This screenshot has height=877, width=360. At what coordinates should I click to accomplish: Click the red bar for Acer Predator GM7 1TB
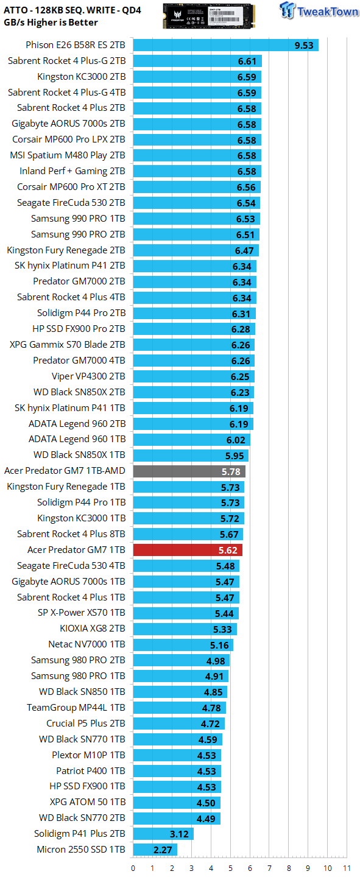(188, 550)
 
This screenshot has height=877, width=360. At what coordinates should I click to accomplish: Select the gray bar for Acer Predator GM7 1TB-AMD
(189, 471)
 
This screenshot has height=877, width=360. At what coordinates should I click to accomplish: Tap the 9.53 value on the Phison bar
(304, 46)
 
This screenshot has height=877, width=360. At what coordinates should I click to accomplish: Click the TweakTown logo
(319, 10)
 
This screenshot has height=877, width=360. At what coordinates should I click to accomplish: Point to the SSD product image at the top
(209, 16)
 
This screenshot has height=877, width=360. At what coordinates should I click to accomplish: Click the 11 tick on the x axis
(347, 868)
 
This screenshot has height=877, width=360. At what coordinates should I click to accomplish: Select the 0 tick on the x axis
(133, 868)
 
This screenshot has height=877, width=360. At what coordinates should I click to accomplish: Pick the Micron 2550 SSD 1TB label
(81, 849)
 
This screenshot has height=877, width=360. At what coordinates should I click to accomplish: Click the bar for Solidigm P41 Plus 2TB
(163, 834)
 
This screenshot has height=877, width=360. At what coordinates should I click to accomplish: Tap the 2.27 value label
(163, 850)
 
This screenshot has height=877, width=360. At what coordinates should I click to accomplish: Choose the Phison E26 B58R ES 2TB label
(76, 45)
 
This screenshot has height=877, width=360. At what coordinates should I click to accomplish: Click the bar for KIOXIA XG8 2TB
(185, 629)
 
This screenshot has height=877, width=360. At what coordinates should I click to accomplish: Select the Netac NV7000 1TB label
(86, 644)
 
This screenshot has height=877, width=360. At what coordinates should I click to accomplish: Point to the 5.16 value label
(219, 645)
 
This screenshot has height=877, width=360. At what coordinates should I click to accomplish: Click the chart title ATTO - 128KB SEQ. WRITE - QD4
(72, 10)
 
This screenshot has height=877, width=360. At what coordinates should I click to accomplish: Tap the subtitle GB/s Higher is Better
(51, 23)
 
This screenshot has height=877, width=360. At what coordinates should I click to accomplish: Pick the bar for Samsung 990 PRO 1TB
(197, 219)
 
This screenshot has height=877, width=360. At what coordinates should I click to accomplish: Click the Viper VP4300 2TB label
(88, 376)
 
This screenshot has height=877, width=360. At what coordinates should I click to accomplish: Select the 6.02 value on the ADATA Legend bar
(236, 440)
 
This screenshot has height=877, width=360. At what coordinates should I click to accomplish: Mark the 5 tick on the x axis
(230, 868)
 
